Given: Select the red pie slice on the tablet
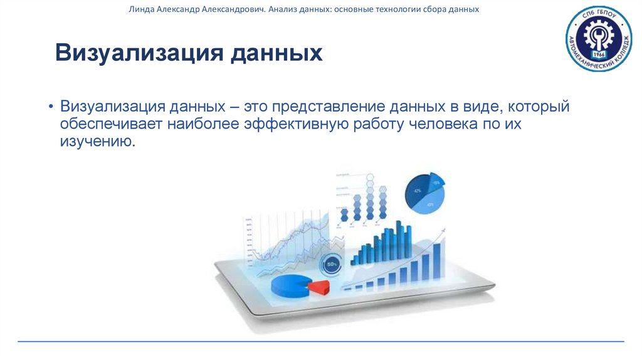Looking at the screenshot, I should pyautogui.click(x=320, y=287).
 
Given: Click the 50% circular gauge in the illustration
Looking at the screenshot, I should pyautogui.click(x=330, y=264).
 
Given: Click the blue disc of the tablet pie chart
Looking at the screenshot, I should pyautogui.click(x=290, y=283).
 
